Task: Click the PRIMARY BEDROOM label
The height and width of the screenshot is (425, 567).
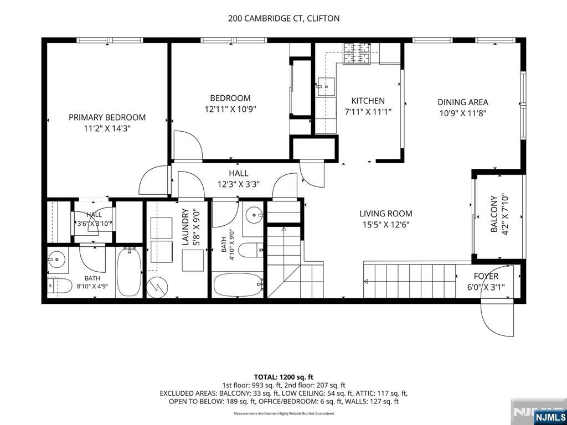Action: tap(107, 117)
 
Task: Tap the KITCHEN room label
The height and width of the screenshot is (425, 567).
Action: tap(368, 101)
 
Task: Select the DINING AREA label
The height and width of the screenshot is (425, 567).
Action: tap(463, 102)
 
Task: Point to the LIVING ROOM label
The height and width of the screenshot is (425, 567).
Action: tap(386, 214)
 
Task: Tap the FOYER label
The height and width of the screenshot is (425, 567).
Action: tap(486, 277)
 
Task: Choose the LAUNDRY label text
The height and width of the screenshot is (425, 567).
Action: tap(185, 227)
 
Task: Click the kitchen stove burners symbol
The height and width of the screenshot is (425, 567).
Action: tap(357, 54)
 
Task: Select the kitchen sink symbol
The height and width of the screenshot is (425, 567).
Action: tap(326, 87)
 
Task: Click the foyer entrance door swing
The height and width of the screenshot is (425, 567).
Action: tap(497, 300)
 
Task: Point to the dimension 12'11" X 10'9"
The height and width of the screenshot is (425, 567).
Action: tap(230, 109)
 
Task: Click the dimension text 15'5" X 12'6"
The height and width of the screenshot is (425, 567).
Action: tap(386, 225)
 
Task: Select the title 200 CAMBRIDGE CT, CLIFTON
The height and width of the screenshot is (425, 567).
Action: tap(284, 18)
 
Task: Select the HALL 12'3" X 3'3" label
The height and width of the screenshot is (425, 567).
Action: tap(239, 179)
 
